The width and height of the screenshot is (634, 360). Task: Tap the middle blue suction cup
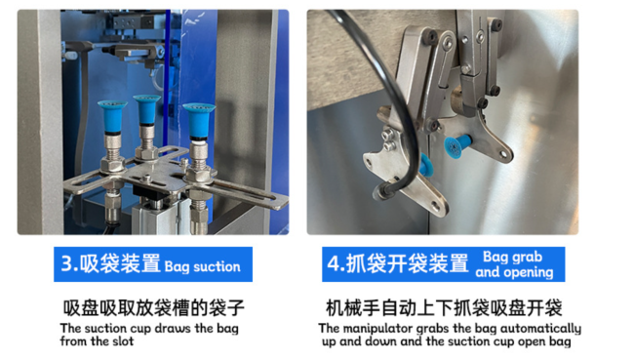click(x=146, y=109)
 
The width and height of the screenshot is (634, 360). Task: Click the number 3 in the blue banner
click(x=66, y=263)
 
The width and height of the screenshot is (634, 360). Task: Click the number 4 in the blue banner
click(x=334, y=263)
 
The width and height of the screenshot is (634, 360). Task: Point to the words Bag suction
click(x=202, y=267)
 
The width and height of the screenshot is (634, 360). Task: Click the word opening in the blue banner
click(x=528, y=272)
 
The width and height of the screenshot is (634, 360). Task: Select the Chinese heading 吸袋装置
click(x=120, y=263)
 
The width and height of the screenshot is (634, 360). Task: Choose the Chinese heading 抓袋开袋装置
click(x=408, y=263)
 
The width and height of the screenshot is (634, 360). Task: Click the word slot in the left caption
click(x=123, y=341)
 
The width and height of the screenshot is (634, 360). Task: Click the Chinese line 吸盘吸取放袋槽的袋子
click(x=154, y=308)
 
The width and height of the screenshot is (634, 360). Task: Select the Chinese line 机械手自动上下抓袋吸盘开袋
click(x=444, y=308)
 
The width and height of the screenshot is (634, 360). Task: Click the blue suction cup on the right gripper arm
click(x=457, y=145)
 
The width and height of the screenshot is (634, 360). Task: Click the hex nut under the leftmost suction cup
click(x=112, y=165)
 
